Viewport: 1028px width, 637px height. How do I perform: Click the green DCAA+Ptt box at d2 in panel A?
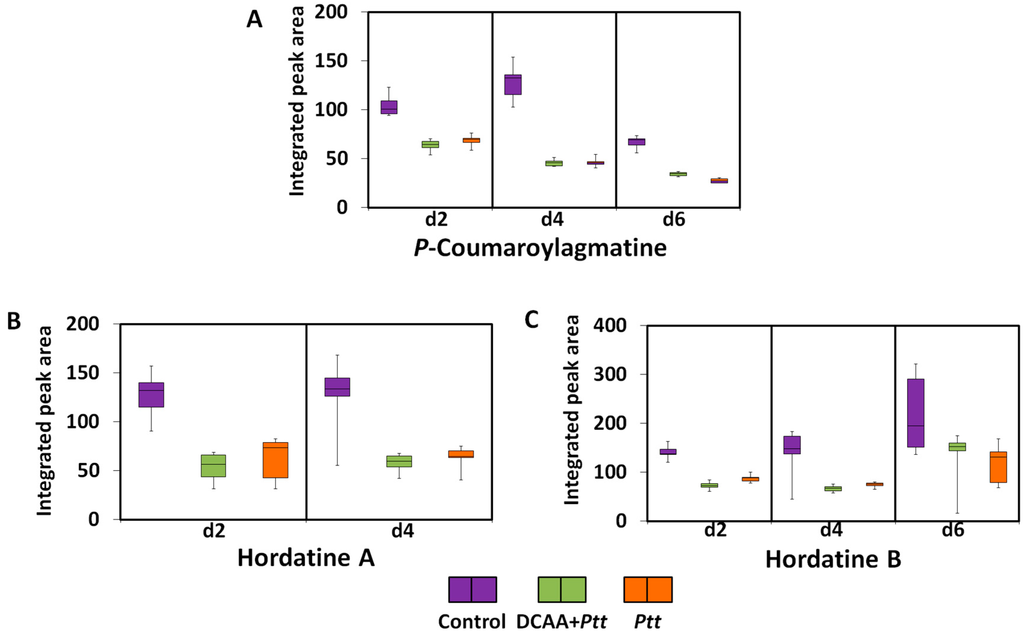pos(430,145)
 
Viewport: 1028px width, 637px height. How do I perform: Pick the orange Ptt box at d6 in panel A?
pos(719,181)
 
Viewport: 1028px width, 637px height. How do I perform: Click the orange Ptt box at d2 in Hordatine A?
pos(275,460)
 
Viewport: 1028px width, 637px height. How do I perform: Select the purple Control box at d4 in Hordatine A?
pos(337,387)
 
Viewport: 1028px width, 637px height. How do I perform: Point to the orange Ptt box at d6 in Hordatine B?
pos(998,467)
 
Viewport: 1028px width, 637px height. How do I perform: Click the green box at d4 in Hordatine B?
pos(833,489)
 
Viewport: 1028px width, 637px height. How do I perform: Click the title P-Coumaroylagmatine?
pos(540,248)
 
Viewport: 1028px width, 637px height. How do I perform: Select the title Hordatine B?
pos(833,559)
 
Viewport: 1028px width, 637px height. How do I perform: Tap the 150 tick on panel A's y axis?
pos(331,61)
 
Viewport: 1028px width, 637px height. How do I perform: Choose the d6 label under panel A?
pos(674,219)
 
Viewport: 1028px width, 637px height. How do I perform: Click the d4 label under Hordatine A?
pos(402,531)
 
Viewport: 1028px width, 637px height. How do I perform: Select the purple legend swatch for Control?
pos(472,590)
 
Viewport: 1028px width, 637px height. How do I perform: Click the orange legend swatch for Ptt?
pos(648,590)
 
